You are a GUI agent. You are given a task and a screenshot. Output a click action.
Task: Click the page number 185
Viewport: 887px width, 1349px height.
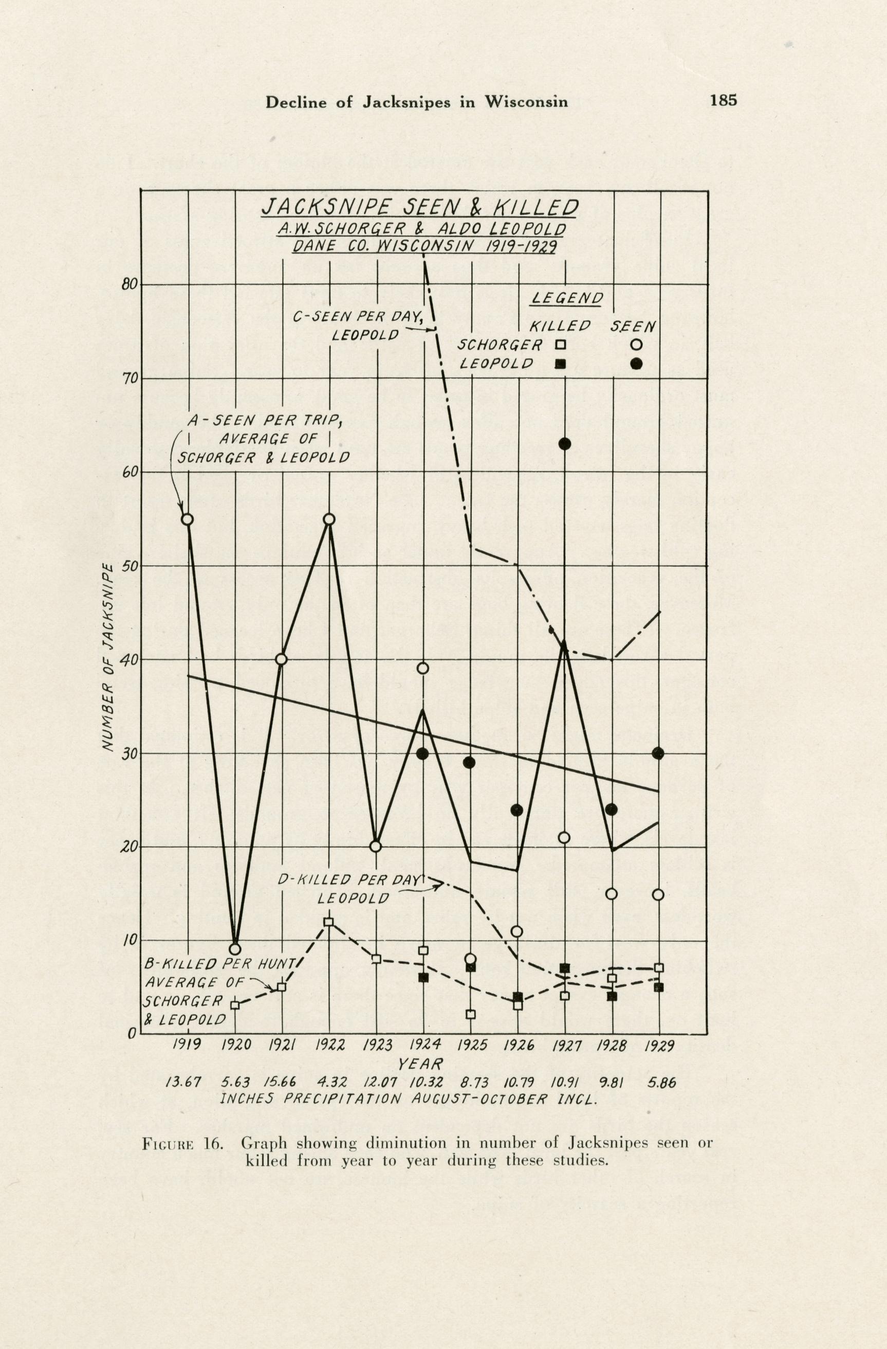(723, 100)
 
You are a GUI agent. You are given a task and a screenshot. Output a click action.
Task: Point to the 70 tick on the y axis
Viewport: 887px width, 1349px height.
(130, 378)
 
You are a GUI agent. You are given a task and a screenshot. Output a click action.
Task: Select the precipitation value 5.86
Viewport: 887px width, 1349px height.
(661, 1082)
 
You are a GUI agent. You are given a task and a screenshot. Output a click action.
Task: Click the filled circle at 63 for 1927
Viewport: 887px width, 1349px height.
(565, 444)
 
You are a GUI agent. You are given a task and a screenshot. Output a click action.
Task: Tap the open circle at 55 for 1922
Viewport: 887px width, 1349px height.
(329, 519)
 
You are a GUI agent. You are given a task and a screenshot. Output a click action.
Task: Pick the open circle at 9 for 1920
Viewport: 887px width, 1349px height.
(235, 949)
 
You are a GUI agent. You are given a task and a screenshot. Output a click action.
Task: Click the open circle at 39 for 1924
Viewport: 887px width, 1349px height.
(423, 668)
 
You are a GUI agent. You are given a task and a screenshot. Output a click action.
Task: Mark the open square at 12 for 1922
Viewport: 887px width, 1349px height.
(329, 922)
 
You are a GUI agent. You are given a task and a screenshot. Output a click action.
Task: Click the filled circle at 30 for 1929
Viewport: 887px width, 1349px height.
(658, 753)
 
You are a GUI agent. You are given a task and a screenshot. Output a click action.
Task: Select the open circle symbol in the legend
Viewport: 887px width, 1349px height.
(636, 344)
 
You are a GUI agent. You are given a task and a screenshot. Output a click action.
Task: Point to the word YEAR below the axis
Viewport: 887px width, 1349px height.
(420, 1063)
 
